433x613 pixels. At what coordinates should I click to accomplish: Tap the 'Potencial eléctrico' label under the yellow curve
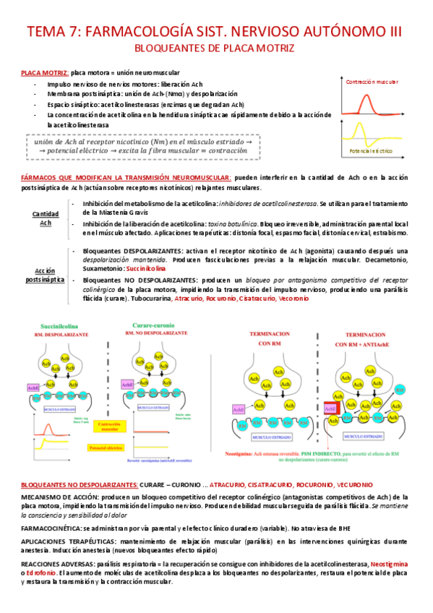371,151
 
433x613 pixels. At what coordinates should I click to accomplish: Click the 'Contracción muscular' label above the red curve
372,82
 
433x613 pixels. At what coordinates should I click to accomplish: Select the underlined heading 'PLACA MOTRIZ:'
45,74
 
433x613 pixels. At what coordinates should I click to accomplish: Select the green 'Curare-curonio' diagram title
158,326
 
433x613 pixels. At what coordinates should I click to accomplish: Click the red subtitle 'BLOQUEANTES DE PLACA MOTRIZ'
215,48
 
